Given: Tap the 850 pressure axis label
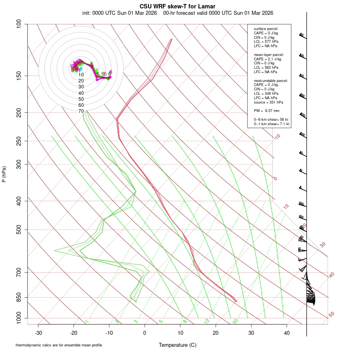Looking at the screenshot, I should pyautogui.click(x=19, y=297).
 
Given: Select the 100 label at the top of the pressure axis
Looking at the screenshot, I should pyautogui.click(x=19, y=24).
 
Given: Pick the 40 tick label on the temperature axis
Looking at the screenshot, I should pyautogui.click(x=287, y=333).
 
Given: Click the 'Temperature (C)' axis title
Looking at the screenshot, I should pyautogui.click(x=178, y=345).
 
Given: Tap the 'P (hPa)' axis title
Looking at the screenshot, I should pyautogui.click(x=4, y=174).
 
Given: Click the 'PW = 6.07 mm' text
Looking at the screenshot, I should pyautogui.click(x=266, y=110).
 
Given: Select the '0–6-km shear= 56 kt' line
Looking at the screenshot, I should pyautogui.click(x=271, y=120).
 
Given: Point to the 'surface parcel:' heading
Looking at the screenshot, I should pyautogui.click(x=266, y=29).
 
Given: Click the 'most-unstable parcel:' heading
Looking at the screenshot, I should pyautogui.click(x=271, y=81).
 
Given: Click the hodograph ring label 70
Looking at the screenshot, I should pyautogui.click(x=81, y=111).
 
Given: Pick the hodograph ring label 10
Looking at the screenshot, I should pyautogui.click(x=81, y=75).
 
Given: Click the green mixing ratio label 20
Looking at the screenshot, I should pyautogui.click(x=235, y=321).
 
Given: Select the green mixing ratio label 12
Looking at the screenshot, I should pyautogui.click(x=207, y=321).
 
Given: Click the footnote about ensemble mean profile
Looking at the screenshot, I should pyautogui.click(x=59, y=345).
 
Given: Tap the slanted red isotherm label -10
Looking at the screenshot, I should pyautogui.click(x=276, y=137).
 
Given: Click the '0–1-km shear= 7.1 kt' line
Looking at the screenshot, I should pyautogui.click(x=272, y=124).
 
